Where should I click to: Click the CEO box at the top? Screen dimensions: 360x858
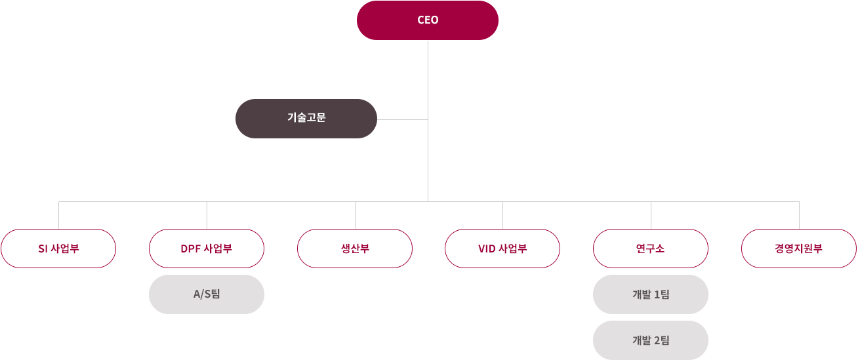tap(428, 20)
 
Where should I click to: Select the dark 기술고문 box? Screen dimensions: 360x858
tap(306, 119)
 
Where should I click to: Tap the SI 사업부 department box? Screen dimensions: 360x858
tap(58, 249)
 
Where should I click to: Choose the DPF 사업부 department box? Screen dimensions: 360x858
tap(207, 249)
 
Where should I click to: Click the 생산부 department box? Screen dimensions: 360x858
tap(355, 249)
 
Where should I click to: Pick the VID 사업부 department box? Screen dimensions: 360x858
tap(502, 249)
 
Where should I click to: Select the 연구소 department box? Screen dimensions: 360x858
tap(650, 249)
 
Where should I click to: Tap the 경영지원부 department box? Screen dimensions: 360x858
tap(798, 249)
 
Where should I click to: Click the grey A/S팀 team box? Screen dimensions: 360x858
tap(207, 294)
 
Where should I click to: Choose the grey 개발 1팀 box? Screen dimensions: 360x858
tap(650, 294)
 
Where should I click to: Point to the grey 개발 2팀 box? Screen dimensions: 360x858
tap(650, 340)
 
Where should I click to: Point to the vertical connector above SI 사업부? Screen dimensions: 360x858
tap(59, 215)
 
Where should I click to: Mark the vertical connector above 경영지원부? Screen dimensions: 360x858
tap(799, 215)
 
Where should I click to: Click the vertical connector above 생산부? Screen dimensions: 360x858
tap(355, 215)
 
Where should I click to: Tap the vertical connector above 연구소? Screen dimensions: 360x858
tap(651, 215)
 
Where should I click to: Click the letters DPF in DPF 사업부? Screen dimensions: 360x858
tap(190, 249)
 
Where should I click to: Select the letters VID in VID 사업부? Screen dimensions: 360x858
tap(487, 249)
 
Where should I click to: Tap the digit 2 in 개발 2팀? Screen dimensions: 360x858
tap(657, 340)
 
